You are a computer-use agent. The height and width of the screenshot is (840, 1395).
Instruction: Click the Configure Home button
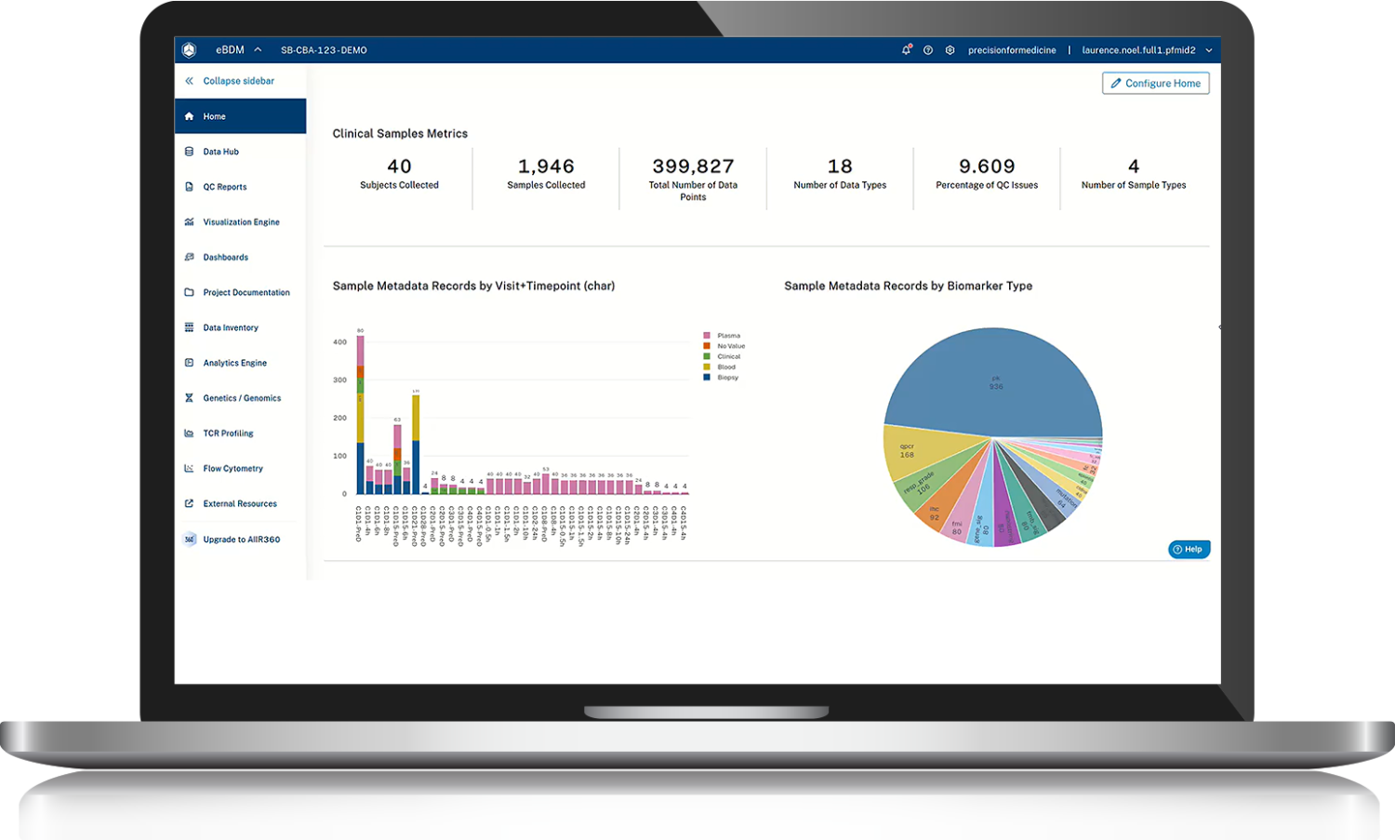(x=1155, y=84)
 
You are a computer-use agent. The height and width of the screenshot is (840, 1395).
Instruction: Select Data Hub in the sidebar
(x=220, y=152)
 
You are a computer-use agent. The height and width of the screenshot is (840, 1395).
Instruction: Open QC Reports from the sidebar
(x=224, y=187)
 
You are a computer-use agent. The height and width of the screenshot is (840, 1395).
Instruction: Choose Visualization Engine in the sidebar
(x=241, y=222)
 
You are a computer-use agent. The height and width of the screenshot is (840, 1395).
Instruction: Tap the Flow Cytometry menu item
(x=232, y=469)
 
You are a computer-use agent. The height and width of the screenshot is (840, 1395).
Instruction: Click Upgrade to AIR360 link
(x=241, y=540)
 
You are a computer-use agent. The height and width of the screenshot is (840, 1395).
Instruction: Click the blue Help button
(x=1189, y=550)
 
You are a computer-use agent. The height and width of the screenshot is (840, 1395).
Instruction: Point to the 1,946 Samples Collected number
(x=546, y=167)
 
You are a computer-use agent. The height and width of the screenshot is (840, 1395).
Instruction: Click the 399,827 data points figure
(x=693, y=167)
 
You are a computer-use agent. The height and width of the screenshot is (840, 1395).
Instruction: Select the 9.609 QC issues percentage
(x=987, y=167)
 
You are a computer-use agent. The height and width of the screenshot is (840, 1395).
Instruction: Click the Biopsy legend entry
(x=727, y=378)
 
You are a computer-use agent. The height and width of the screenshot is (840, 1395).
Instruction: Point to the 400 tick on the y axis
(x=340, y=342)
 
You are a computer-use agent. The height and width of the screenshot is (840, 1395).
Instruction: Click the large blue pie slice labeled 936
(x=995, y=381)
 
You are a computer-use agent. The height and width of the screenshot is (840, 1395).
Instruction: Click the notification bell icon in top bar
(x=906, y=50)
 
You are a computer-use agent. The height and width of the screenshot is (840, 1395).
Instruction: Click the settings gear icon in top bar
(x=950, y=50)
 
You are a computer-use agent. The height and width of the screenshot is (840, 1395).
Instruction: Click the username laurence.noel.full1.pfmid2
(x=1138, y=50)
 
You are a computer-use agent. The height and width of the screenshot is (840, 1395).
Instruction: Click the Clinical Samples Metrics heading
(x=400, y=134)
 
